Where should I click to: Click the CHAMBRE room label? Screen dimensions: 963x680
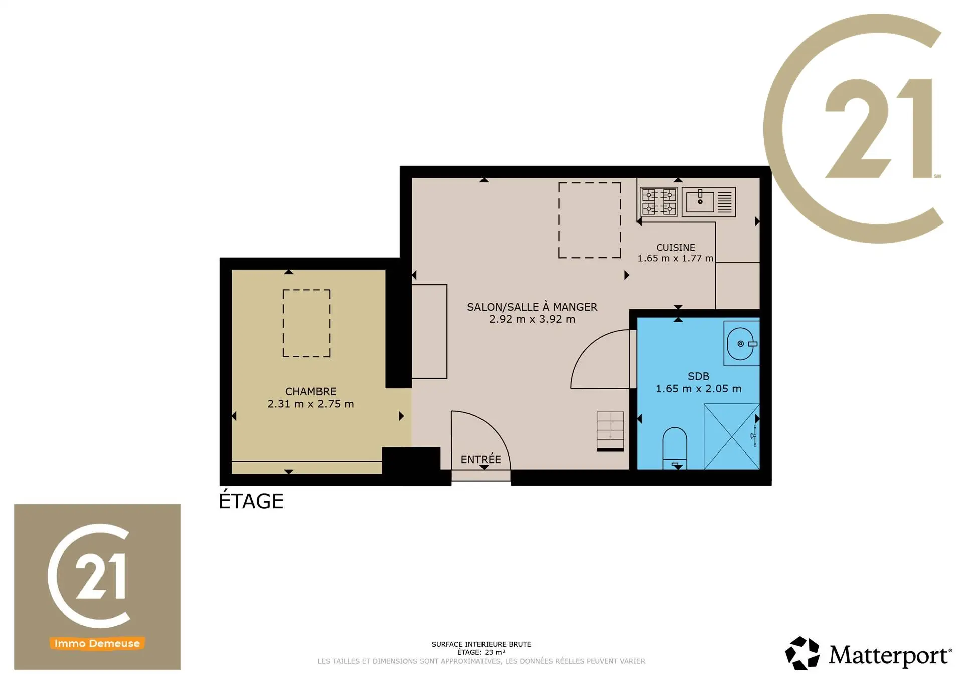(x=310, y=391)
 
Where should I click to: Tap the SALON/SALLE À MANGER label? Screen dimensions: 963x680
(x=532, y=307)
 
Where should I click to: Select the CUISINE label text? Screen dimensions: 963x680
(x=676, y=248)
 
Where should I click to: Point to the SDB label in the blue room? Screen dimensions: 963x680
(x=698, y=376)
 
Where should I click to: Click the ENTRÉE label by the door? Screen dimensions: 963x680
(x=480, y=459)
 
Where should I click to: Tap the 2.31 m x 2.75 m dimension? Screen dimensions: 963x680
(x=310, y=404)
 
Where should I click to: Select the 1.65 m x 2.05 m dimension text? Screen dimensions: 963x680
(x=698, y=389)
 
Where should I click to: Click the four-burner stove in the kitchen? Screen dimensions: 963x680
(x=659, y=201)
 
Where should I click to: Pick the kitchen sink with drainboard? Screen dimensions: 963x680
(x=709, y=202)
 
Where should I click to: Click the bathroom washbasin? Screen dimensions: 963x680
(x=741, y=344)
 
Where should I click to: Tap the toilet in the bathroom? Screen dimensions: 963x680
(x=675, y=447)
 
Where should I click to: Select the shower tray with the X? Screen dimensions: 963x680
(x=732, y=436)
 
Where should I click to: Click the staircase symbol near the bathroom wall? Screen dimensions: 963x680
(x=610, y=431)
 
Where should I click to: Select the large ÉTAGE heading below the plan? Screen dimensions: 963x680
(x=251, y=500)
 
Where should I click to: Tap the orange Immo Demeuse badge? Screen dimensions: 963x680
(x=97, y=643)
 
